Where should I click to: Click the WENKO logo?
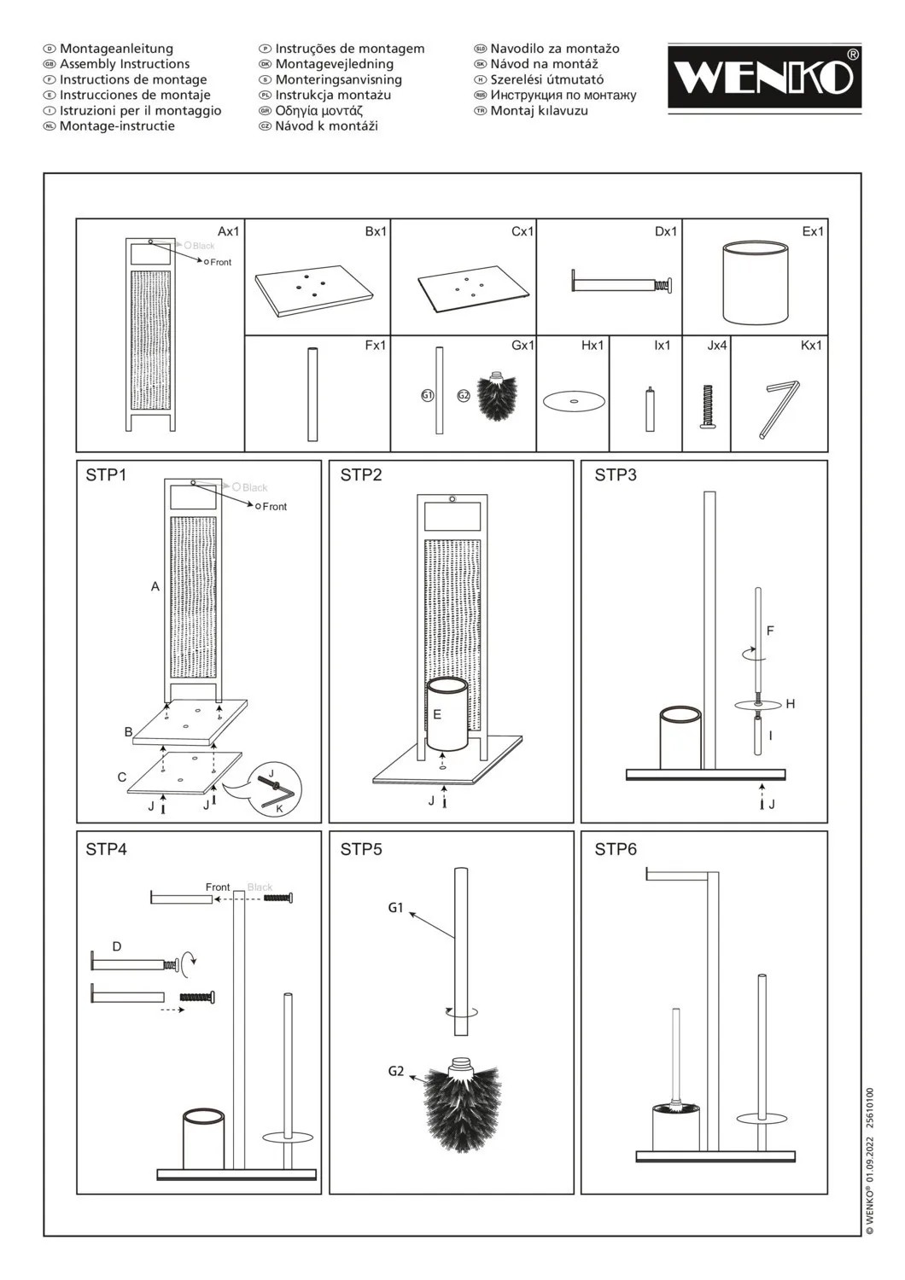tap(764, 77)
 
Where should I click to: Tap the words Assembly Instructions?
tap(125, 64)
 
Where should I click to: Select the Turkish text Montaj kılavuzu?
tap(539, 110)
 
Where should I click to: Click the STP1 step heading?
tap(106, 475)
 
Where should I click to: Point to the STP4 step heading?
tap(106, 849)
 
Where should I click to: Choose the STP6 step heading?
tap(616, 849)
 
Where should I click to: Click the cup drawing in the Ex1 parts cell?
tap(755, 282)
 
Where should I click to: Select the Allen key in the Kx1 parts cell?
tap(777, 408)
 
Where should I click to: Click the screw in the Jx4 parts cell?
tap(707, 406)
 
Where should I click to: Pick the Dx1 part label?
tap(665, 231)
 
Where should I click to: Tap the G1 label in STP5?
tap(395, 908)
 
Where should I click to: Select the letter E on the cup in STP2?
tap(437, 714)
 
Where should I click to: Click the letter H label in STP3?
tap(791, 704)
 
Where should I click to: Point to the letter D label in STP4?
tap(117, 946)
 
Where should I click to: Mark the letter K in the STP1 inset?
tap(279, 807)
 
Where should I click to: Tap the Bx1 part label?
tap(376, 231)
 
